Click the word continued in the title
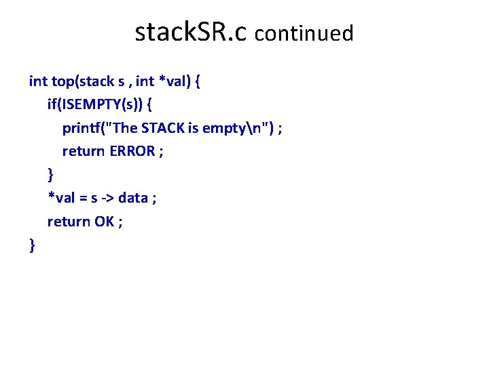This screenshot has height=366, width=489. pyautogui.click(x=304, y=33)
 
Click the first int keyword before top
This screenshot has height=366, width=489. pyautogui.click(x=37, y=82)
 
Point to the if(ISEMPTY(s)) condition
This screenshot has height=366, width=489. pyautogui.click(x=94, y=105)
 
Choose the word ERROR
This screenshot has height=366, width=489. pyautogui.click(x=132, y=151)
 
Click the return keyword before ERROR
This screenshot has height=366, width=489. pyautogui.click(x=84, y=151)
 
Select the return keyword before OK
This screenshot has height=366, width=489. pyautogui.click(x=68, y=221)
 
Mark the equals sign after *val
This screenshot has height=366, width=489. pyautogui.click(x=83, y=198)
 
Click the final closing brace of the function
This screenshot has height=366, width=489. pyautogui.click(x=32, y=245)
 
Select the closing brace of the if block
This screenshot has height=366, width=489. pyautogui.click(x=50, y=175)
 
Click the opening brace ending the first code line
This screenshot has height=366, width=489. pyautogui.click(x=196, y=82)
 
